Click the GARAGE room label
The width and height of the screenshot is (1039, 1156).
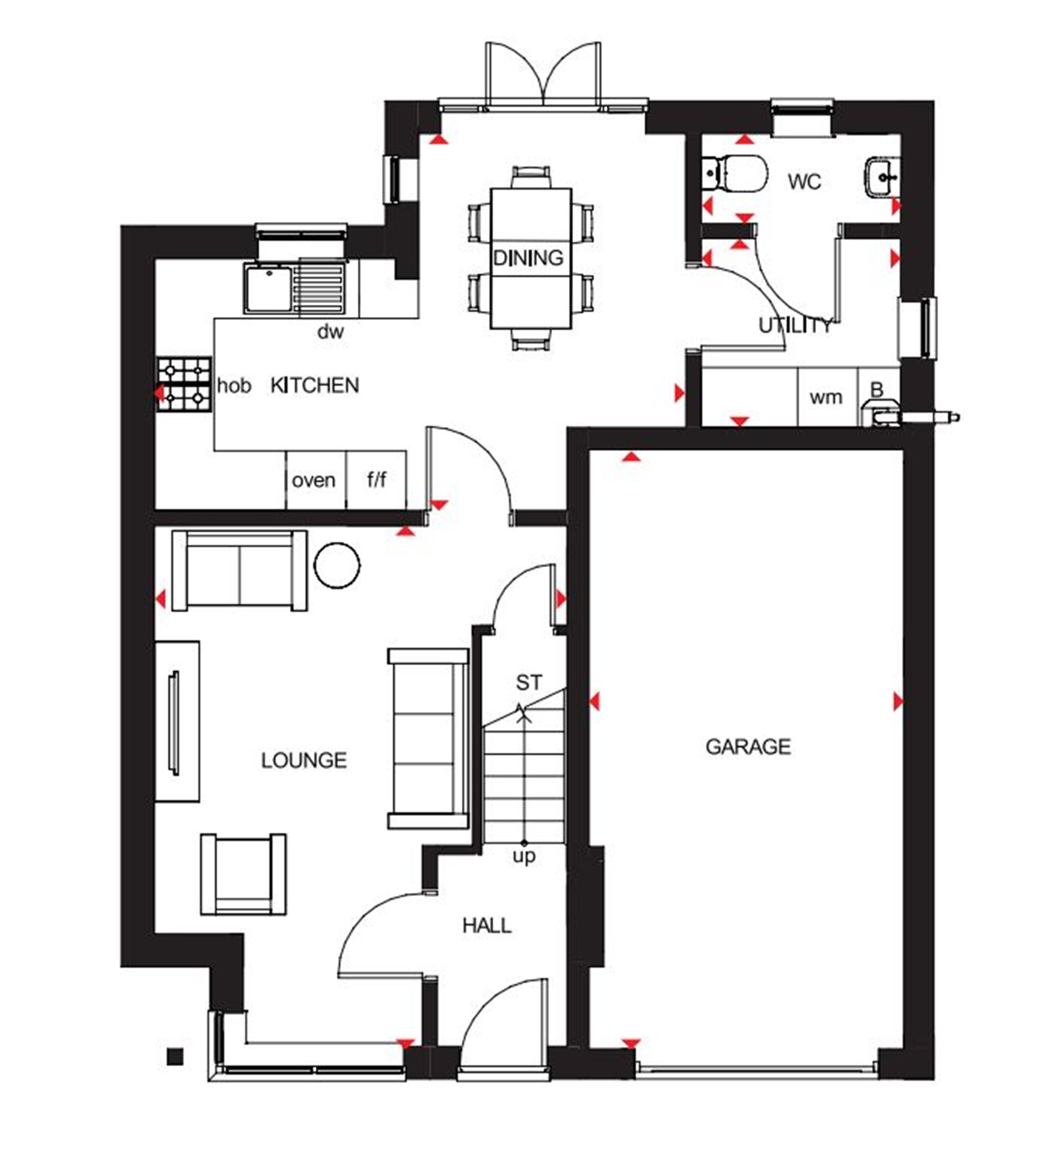pos(748,747)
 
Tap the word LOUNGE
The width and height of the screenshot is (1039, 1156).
pos(304,761)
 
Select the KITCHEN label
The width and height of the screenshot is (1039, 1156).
pos(314,386)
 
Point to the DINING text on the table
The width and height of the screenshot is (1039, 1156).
pos(528,258)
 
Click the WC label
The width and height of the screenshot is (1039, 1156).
pos(804,182)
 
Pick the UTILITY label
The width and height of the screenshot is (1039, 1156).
pos(795,326)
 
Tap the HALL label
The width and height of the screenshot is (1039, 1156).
pos(487,925)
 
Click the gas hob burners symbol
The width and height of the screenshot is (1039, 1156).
pos(184,385)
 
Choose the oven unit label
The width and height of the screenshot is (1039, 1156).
pos(313,480)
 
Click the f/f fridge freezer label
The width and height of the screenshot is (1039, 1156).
pos(376,479)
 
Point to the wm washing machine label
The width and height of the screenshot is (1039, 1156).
pos(826,397)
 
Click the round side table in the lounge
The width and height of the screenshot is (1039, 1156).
pos(337,565)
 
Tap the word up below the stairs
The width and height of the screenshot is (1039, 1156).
pos(524,856)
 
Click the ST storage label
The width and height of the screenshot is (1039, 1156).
pos(529,682)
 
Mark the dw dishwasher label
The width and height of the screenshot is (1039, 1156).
pos(330,331)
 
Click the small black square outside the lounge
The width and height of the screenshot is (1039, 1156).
pos(175,1057)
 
